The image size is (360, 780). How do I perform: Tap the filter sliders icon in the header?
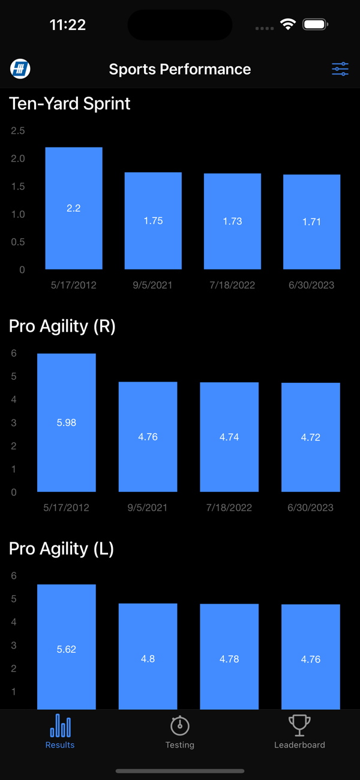(340, 69)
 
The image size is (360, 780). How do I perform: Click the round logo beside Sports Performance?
(20, 69)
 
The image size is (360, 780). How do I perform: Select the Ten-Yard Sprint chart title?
(70, 104)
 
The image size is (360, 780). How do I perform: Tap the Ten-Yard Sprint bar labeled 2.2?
(73, 208)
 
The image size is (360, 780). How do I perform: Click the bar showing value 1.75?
(153, 221)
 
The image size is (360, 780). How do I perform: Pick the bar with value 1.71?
(311, 222)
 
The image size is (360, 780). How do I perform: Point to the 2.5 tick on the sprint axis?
(18, 131)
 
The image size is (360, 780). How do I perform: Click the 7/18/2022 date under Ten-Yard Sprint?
(232, 285)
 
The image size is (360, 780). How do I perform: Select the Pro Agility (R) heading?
(62, 326)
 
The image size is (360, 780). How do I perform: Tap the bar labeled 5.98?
(66, 422)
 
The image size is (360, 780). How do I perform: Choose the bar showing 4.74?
(229, 437)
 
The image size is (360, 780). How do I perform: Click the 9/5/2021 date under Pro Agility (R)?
(148, 508)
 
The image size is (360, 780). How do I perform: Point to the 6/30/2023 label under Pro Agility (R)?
(311, 508)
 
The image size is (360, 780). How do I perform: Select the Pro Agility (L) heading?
(61, 549)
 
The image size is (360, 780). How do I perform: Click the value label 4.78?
(229, 659)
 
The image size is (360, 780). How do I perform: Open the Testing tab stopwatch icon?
(180, 725)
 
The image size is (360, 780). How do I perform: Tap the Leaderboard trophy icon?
(299, 725)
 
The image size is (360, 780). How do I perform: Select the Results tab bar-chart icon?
(60, 725)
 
